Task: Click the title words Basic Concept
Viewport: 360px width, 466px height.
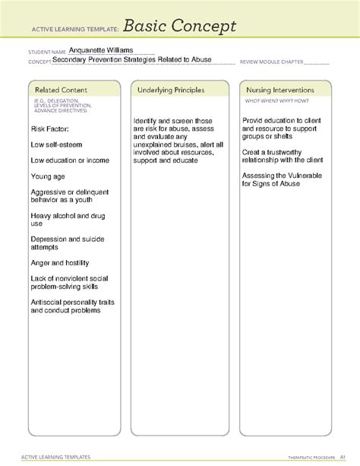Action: coord(180,27)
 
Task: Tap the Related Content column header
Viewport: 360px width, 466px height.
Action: coord(53,90)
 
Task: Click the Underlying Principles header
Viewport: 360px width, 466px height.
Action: coord(171,90)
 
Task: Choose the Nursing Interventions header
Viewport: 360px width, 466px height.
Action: coord(279,90)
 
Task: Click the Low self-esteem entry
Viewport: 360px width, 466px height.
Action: coord(56,144)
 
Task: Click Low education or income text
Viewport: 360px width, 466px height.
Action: coord(70,160)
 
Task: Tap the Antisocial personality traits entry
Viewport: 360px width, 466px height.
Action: coord(71,306)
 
